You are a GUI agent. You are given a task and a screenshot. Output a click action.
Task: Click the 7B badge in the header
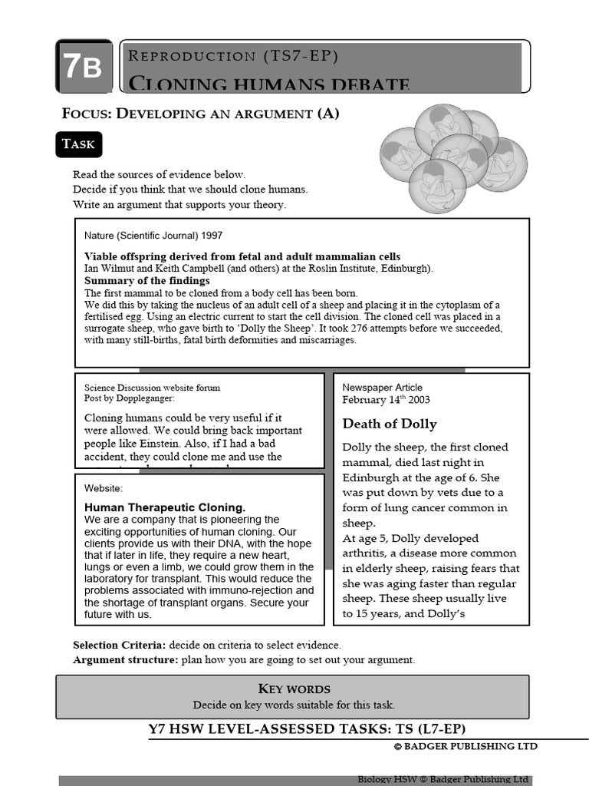point(83,68)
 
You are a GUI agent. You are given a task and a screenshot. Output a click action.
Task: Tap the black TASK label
point(78,144)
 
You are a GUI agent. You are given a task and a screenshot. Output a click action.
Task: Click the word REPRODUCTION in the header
point(192,55)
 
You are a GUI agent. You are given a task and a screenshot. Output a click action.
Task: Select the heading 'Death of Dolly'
point(390,424)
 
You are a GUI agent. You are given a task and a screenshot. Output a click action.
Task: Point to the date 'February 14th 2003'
point(386,400)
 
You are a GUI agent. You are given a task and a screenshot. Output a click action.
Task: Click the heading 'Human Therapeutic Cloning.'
point(165,507)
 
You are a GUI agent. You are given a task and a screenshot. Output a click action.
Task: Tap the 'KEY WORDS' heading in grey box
point(294,689)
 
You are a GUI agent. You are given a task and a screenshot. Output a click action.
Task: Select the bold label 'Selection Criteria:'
point(119,645)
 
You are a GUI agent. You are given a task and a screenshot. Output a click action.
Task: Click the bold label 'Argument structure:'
point(125,659)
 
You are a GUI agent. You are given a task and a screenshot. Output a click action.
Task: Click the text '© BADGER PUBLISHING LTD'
point(466,746)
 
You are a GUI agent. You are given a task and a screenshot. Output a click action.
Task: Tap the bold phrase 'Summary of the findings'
point(146,281)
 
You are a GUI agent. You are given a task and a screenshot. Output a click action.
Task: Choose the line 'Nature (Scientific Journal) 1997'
point(153,236)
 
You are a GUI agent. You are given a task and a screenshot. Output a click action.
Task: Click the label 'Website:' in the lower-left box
point(103,488)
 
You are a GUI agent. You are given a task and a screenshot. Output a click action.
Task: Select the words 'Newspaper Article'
point(382,388)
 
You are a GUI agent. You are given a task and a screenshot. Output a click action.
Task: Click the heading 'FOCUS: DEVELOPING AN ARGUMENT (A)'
point(200,114)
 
